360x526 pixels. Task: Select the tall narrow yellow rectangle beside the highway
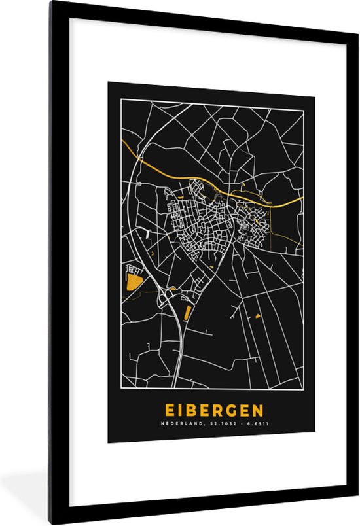click(187, 313)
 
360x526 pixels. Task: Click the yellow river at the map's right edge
click(298, 198)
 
